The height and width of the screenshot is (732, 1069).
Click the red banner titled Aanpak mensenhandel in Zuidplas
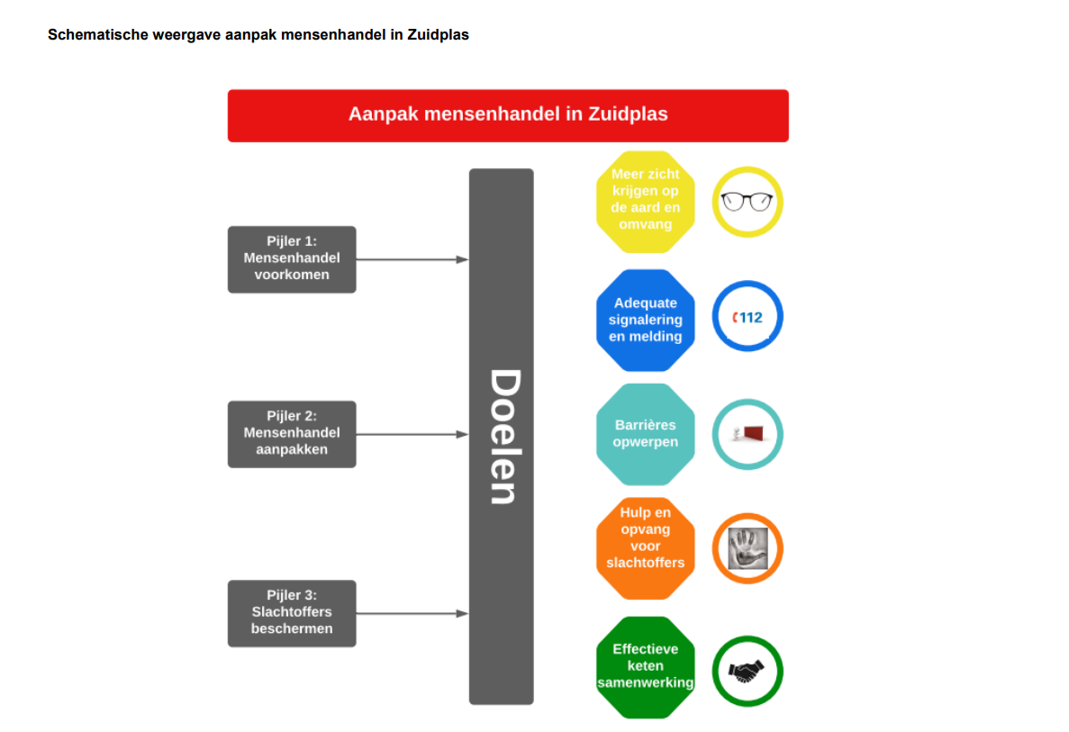click(508, 115)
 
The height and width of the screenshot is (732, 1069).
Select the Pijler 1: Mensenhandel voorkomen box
click(292, 259)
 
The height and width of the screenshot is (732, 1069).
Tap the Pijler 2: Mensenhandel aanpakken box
click(292, 433)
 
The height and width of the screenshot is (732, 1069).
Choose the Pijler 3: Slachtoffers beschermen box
click(292, 613)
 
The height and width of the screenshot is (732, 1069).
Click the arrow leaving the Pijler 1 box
click(412, 259)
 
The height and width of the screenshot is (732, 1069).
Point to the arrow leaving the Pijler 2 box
click(412, 433)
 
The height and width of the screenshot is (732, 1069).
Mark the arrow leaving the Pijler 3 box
click(412, 613)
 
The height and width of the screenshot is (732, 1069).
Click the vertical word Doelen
click(505, 436)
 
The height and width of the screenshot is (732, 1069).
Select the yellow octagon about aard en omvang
click(645, 202)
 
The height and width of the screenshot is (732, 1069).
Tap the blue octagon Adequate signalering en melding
click(645, 320)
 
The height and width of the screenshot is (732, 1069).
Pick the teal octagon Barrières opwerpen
click(645, 433)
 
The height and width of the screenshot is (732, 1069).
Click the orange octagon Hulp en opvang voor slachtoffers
click(645, 548)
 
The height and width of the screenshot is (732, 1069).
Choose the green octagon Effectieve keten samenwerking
click(645, 667)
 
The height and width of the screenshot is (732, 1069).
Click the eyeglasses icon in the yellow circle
click(747, 202)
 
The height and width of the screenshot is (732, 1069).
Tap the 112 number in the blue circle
click(750, 318)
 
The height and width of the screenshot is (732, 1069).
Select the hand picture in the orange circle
click(747, 548)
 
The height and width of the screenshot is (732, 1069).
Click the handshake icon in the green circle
click(747, 672)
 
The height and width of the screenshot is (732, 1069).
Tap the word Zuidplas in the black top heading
click(438, 35)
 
